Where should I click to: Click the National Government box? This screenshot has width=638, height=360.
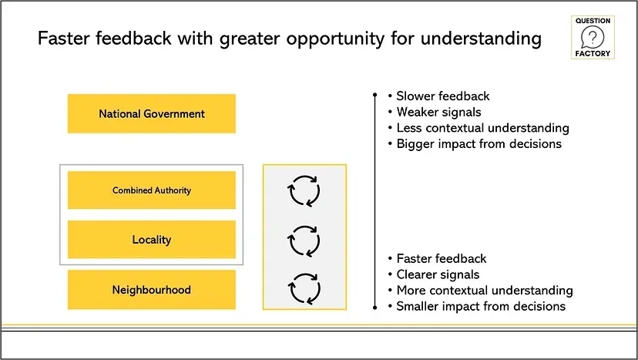(152, 113)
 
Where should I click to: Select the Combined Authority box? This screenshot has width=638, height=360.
(152, 190)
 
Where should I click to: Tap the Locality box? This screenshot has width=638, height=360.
(152, 240)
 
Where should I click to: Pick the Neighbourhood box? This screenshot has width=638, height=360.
(152, 290)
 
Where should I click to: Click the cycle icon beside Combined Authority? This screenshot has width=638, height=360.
(304, 190)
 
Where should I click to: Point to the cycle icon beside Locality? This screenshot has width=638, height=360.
(304, 240)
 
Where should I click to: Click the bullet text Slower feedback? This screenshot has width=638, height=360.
(443, 96)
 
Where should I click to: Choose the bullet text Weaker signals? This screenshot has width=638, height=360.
(438, 113)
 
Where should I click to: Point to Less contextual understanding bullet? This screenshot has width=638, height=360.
(482, 128)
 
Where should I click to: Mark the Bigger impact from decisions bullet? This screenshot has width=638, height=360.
(478, 143)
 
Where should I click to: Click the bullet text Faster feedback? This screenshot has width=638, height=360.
(442, 259)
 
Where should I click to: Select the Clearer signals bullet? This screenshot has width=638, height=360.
(438, 274)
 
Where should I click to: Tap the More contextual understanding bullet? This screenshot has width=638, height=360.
(485, 291)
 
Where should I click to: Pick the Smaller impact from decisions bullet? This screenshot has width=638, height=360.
(481, 306)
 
